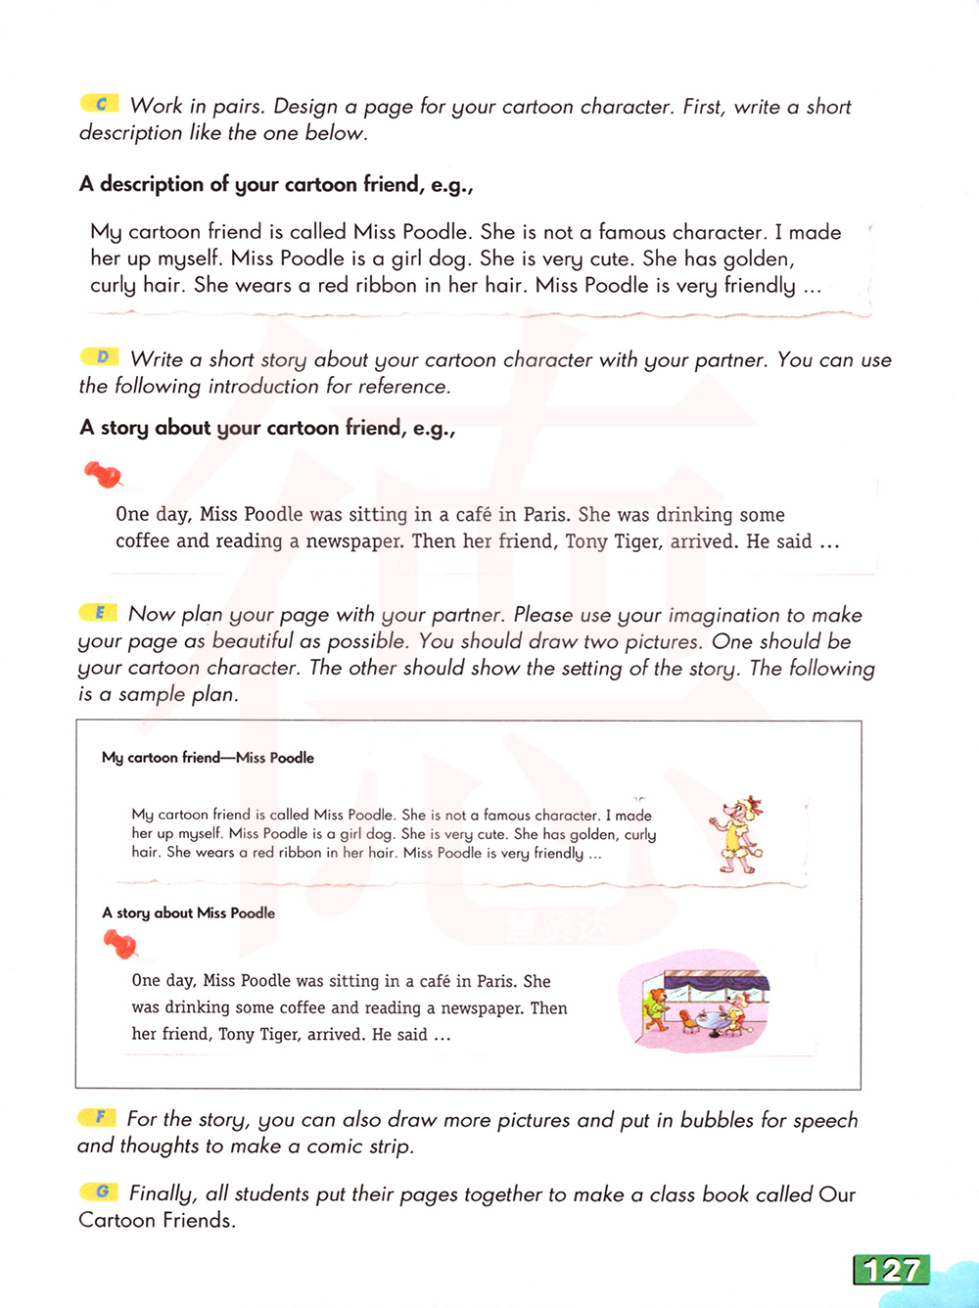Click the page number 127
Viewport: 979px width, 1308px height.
[892, 1270]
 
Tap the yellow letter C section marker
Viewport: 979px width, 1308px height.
[100, 104]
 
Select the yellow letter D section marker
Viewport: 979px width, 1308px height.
[100, 357]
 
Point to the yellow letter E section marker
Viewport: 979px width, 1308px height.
[99, 613]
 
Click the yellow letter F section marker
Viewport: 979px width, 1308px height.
[98, 1117]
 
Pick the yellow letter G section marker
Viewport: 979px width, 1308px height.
[99, 1191]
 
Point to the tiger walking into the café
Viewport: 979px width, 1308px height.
[656, 1008]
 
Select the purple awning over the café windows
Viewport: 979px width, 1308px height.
[715, 982]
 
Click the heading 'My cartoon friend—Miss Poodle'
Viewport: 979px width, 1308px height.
[208, 758]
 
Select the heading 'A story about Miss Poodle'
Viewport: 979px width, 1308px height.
[188, 913]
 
